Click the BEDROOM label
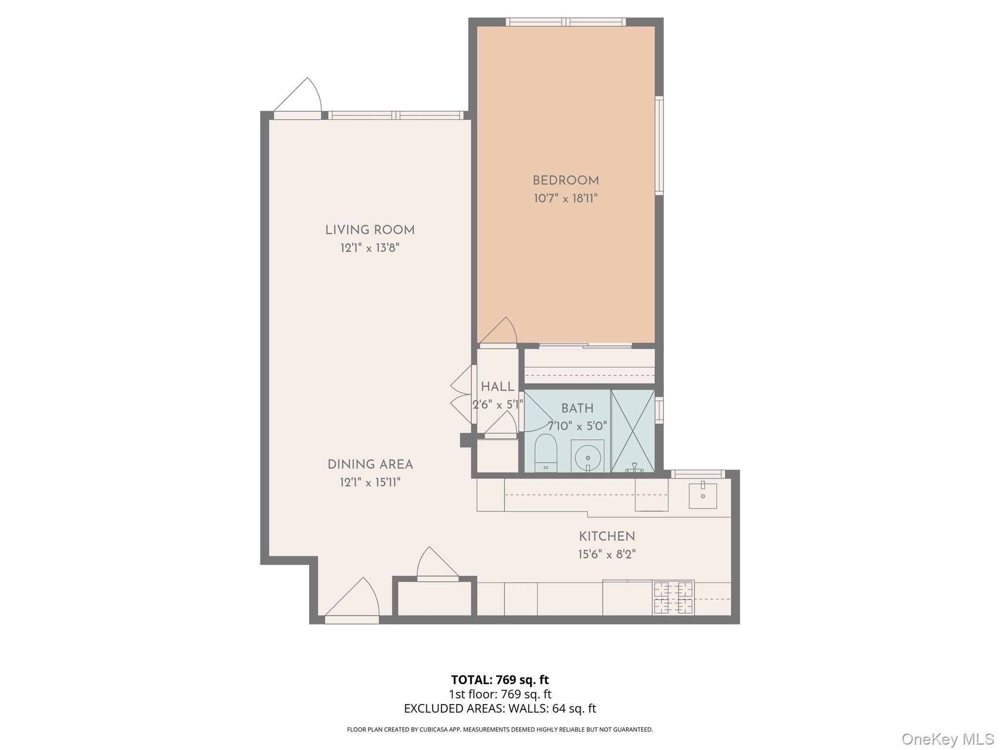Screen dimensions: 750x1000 pyautogui.click(x=565, y=181)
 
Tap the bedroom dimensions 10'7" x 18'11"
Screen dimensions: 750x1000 pyautogui.click(x=565, y=198)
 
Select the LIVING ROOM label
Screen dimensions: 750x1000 pyautogui.click(x=370, y=230)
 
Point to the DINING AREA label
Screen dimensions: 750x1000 pyautogui.click(x=370, y=464)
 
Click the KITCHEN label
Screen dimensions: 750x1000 pyautogui.click(x=607, y=536)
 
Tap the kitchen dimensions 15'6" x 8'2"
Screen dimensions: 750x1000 pyautogui.click(x=607, y=554)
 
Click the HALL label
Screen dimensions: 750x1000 pyautogui.click(x=498, y=387)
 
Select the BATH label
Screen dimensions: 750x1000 pyautogui.click(x=577, y=408)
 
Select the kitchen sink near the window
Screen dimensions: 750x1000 pyautogui.click(x=703, y=496)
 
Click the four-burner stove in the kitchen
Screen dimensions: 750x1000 pyautogui.click(x=673, y=598)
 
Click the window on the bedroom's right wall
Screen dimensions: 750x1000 pyautogui.click(x=659, y=146)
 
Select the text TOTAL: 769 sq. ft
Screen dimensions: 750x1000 pyautogui.click(x=500, y=680)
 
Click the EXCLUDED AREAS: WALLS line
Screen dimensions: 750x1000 pyautogui.click(x=500, y=708)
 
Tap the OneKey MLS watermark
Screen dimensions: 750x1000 pyautogui.click(x=948, y=739)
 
